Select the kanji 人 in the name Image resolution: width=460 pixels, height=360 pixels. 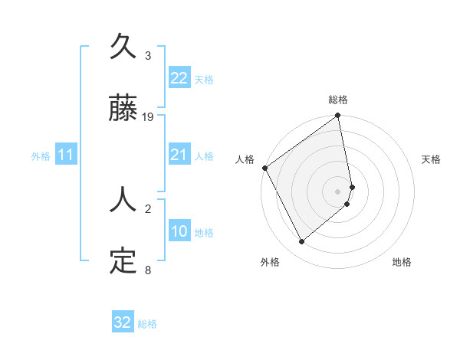point(123,201)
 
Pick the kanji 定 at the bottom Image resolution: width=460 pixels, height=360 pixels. point(123,260)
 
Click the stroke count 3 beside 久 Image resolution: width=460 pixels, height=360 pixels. point(148,56)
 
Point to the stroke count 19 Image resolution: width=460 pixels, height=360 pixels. point(148,117)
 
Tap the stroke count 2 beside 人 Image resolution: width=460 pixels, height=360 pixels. point(148,208)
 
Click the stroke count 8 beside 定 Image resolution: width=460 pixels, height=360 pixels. point(148,270)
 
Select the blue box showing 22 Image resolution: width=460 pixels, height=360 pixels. point(179,78)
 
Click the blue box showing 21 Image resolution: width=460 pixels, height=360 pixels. point(179,155)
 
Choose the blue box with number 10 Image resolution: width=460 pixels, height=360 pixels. point(179,231)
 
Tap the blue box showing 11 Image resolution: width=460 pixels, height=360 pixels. point(66,155)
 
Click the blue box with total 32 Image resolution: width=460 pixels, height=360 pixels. point(122,322)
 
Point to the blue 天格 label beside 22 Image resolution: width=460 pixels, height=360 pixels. point(204,79)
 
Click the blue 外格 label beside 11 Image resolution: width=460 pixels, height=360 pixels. point(41,156)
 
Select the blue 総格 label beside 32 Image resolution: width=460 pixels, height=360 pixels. point(147,324)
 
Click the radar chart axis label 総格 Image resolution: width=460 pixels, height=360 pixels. point(338,100)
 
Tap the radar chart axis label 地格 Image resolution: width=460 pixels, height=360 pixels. point(402,262)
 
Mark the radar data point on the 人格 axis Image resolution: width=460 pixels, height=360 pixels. point(264,168)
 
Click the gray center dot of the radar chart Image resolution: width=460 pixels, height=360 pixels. point(337,191)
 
